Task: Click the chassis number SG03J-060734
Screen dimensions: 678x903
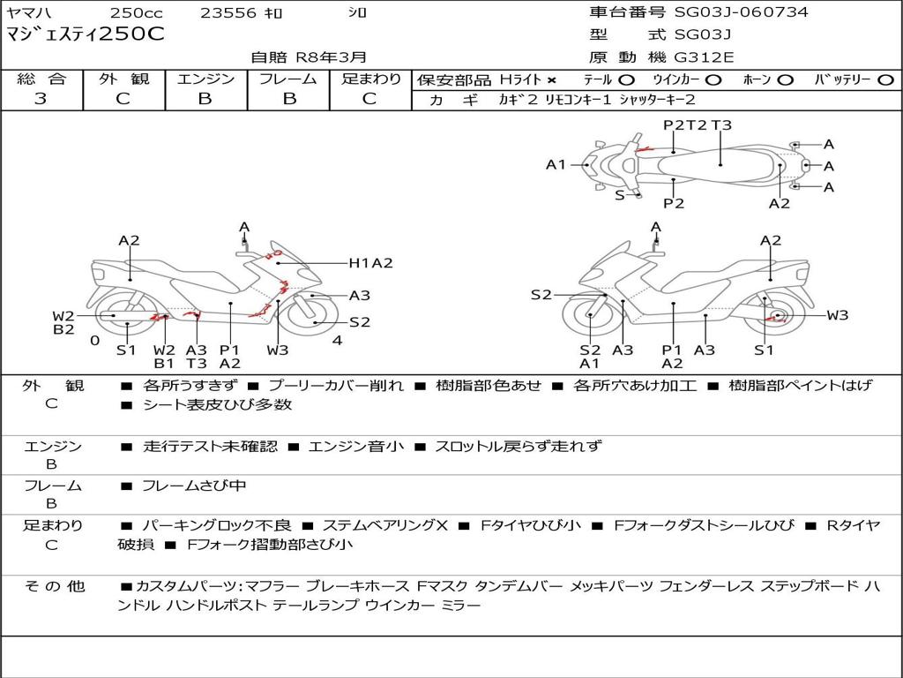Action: [x=741, y=12]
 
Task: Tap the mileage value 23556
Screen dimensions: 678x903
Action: [x=228, y=13]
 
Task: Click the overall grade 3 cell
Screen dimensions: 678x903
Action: [x=41, y=99]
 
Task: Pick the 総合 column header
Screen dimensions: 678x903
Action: [x=41, y=79]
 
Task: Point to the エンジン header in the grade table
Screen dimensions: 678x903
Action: [x=205, y=79]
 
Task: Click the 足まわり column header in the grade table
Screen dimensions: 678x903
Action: [x=370, y=79]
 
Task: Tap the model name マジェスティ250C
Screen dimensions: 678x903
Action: [x=85, y=35]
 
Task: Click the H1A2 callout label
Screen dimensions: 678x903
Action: [x=370, y=262]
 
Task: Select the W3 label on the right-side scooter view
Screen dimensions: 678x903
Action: [x=837, y=315]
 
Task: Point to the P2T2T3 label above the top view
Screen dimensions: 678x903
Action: [x=697, y=125]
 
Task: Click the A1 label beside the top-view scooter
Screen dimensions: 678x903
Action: [x=556, y=164]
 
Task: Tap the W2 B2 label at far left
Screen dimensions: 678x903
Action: [x=63, y=323]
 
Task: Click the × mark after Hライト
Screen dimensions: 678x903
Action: [x=552, y=80]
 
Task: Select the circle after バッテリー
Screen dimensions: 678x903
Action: [x=885, y=80]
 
